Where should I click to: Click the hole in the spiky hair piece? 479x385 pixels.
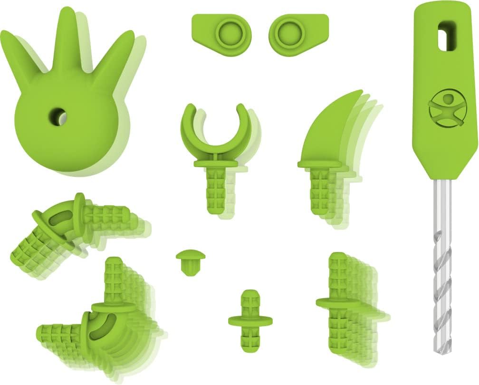tap(58, 115)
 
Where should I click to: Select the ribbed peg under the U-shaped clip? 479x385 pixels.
tap(212, 190)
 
